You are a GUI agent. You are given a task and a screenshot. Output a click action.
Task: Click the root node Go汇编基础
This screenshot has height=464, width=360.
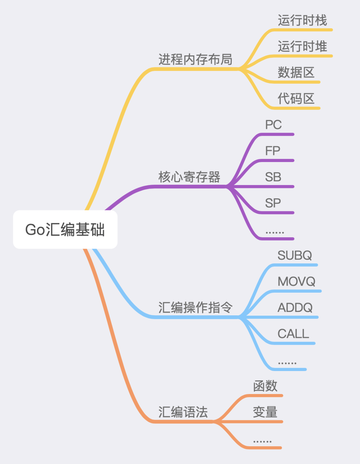point(65,229)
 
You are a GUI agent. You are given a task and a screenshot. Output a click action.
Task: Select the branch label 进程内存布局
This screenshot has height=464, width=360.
point(195,59)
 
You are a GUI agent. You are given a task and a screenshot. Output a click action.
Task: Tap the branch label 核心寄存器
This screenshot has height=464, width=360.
point(189,177)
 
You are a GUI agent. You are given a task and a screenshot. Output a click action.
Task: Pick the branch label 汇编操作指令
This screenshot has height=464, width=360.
point(195,307)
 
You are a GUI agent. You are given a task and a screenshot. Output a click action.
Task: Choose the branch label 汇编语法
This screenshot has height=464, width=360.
point(183,412)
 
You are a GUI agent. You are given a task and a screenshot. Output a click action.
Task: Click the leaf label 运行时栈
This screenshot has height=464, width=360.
point(302,20)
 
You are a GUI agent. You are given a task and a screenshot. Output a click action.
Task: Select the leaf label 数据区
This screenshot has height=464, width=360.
point(296,72)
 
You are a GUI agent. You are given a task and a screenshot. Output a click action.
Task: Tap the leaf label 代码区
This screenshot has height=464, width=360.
point(296,98)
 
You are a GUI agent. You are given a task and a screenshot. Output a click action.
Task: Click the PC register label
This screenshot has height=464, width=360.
point(273,124)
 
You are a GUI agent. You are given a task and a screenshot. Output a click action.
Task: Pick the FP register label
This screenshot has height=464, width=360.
point(272,151)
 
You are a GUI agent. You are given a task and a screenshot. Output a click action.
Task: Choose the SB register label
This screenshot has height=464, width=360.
point(273,177)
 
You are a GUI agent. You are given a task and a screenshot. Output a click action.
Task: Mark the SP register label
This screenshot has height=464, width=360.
point(273,203)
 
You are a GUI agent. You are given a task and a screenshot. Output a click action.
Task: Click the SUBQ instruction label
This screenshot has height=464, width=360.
point(295,255)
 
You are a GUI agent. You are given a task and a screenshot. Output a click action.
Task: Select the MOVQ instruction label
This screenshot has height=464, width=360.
point(296,281)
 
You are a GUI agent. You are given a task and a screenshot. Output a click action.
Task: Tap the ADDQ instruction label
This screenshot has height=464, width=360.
point(295,307)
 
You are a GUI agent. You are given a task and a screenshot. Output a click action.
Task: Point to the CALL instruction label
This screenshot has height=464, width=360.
point(293,334)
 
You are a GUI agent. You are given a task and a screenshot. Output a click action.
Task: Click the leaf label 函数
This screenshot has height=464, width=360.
point(265,386)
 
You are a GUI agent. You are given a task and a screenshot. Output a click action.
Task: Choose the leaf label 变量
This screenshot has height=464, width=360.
point(265,412)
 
